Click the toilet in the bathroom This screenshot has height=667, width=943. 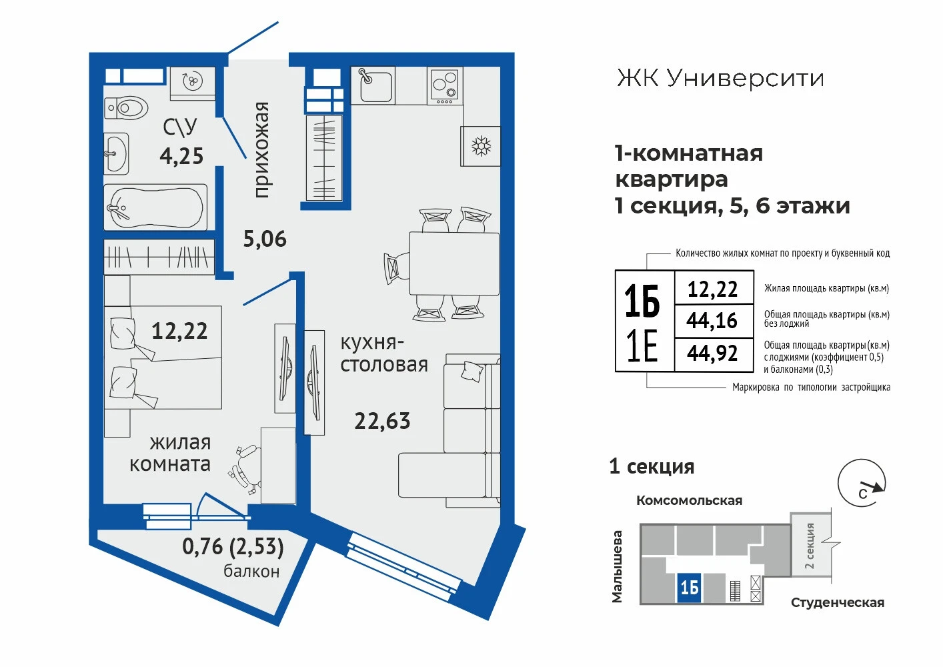click(x=126, y=108)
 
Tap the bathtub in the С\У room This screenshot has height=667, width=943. click(x=155, y=207)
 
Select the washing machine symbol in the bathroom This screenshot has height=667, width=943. click(x=192, y=83)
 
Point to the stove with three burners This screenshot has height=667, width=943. click(x=445, y=86)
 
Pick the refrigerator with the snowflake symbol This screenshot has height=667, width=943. click(x=481, y=146)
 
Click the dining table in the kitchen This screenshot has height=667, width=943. click(x=454, y=263)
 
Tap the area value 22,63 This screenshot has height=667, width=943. click(x=382, y=421)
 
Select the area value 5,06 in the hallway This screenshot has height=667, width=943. click(x=265, y=239)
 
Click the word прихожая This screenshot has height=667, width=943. click(x=261, y=150)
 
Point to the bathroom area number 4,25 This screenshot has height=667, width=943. click(x=181, y=156)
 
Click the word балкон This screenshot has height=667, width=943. click(x=251, y=571)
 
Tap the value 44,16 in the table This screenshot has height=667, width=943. click(x=712, y=320)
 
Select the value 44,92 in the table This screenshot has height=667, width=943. click(x=712, y=353)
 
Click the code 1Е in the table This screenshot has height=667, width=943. click(x=642, y=346)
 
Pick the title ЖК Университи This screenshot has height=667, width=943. click(x=720, y=78)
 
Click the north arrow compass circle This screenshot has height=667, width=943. click(x=862, y=483)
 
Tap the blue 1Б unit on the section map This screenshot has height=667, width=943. click(x=689, y=588)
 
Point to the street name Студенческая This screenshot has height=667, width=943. click(x=838, y=602)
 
